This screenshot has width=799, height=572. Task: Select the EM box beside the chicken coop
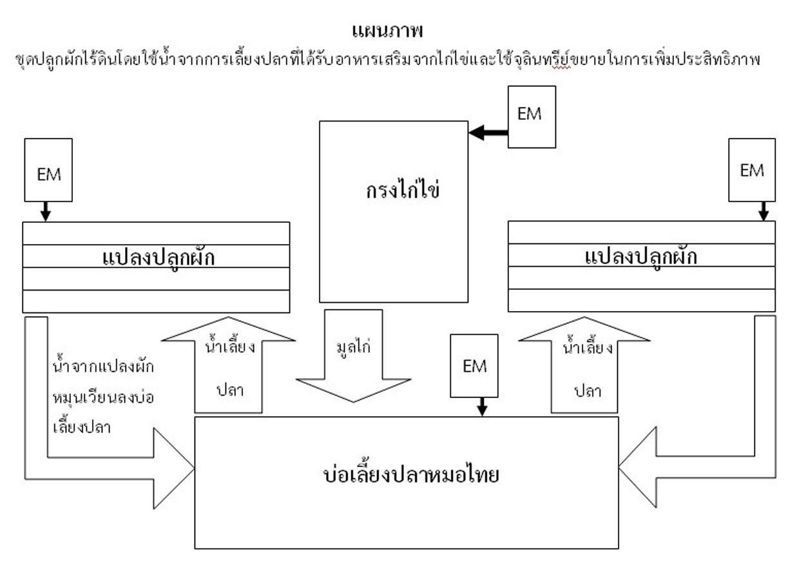click(531, 117)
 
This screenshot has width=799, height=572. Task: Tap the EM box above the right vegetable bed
click(751, 171)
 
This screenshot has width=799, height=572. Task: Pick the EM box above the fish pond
click(474, 365)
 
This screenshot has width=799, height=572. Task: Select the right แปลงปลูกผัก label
click(642, 257)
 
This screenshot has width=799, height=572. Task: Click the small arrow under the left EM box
click(45, 211)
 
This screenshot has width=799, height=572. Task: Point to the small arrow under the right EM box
click(763, 211)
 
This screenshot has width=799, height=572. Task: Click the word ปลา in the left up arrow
click(228, 390)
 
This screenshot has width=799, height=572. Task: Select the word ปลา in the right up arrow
click(587, 390)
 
